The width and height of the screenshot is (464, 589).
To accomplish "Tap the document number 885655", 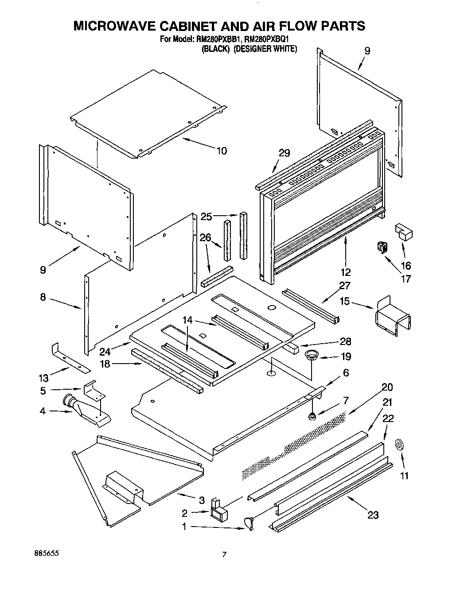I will (46, 554).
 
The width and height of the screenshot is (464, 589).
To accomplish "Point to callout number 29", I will (284, 153).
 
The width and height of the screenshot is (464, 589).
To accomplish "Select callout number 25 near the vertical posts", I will (206, 217).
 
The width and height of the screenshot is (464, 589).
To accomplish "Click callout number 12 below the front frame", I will (346, 272).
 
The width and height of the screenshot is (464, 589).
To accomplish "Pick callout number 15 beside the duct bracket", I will (344, 302).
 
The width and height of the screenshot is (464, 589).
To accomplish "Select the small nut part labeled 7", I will (312, 416).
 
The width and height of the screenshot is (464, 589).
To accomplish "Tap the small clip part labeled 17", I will (380, 248).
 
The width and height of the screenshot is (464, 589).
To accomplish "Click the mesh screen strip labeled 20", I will (292, 447).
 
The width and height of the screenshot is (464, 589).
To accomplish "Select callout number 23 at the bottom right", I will (373, 515).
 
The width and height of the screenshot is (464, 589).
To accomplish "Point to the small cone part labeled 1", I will (248, 524).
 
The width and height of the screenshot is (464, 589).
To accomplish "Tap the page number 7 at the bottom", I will (224, 554).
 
